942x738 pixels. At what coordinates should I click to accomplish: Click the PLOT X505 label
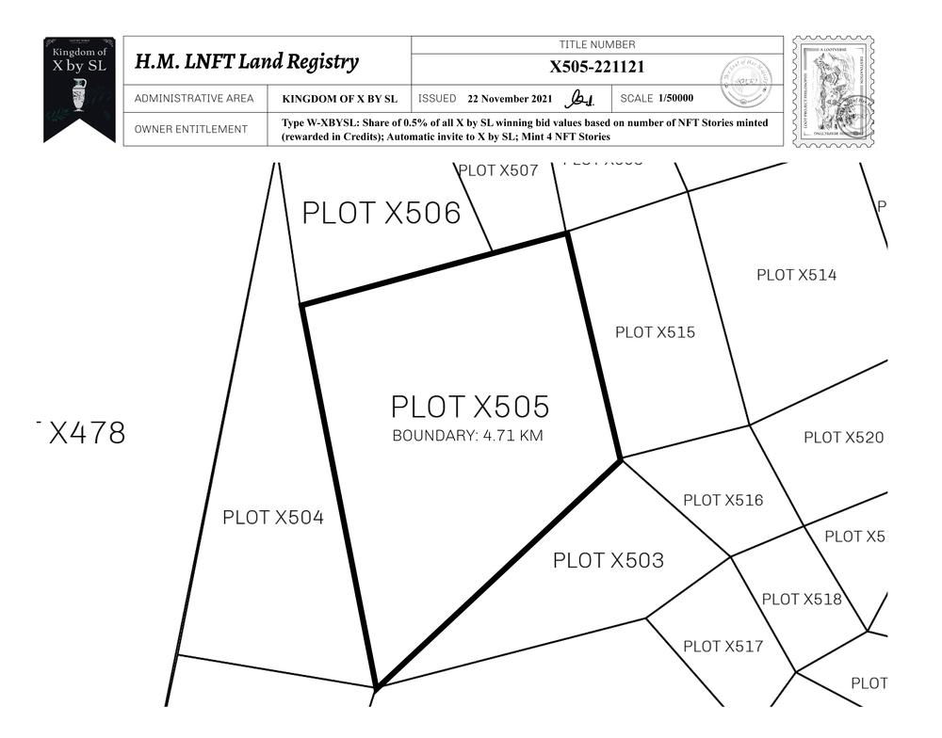(x=470, y=407)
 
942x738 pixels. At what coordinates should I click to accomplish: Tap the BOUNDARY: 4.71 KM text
(x=467, y=436)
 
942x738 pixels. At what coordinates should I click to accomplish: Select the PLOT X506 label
(x=381, y=214)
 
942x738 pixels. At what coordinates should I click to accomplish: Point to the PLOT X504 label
(x=273, y=518)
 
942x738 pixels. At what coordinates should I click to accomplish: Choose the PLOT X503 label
(x=608, y=561)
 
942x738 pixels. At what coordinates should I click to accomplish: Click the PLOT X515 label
(x=655, y=332)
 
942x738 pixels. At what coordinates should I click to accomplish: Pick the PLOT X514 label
(x=796, y=275)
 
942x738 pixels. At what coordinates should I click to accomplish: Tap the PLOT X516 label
(x=723, y=501)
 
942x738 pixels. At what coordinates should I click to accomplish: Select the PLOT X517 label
(x=723, y=647)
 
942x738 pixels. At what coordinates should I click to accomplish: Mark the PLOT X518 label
(x=801, y=600)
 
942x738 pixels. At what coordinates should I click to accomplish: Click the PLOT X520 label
(x=843, y=438)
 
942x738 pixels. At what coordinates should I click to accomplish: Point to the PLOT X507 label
(x=497, y=171)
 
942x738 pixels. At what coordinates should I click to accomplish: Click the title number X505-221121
(x=597, y=68)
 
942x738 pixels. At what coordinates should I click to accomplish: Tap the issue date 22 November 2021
(x=510, y=99)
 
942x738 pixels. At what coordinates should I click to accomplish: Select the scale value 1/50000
(x=675, y=99)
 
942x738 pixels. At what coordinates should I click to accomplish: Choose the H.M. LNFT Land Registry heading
(x=246, y=63)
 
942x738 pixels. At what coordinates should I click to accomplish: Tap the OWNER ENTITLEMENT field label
(x=191, y=130)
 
